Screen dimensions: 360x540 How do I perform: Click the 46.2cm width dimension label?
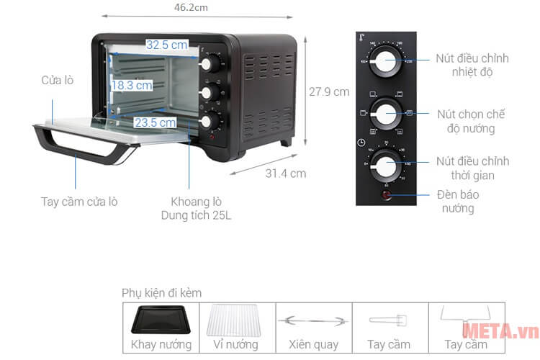click(190, 7)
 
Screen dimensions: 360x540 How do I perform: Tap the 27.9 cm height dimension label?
click(329, 91)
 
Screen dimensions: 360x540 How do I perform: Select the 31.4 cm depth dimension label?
click(286, 173)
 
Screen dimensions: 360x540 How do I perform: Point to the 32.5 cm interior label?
click(167, 45)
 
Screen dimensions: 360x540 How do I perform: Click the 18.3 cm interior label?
click(132, 85)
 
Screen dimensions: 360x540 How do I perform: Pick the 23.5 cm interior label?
click(155, 122)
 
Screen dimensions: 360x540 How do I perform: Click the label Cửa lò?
click(58, 80)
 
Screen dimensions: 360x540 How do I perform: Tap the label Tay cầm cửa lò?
click(79, 202)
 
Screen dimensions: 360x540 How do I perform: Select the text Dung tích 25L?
click(197, 215)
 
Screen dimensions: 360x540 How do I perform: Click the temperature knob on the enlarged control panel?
click(387, 64)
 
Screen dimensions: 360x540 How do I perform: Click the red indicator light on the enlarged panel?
click(387, 195)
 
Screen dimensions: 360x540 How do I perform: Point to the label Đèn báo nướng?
click(458, 202)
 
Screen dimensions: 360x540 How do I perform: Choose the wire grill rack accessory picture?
click(238, 319)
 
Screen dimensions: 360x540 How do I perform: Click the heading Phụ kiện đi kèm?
click(162, 293)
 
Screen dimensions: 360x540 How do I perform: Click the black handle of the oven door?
click(79, 146)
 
